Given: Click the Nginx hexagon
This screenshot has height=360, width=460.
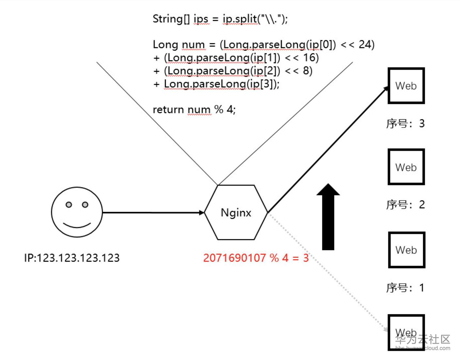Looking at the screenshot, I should (x=236, y=212).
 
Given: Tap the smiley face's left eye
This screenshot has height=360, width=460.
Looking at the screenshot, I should (x=69, y=204).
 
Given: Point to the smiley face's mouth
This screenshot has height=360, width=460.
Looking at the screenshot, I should (x=77, y=225).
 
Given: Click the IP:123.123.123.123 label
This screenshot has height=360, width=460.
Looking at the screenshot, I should (x=72, y=258).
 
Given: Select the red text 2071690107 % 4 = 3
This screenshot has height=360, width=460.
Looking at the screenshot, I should (x=256, y=258).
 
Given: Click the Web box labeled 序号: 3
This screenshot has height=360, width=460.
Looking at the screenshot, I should (x=406, y=86).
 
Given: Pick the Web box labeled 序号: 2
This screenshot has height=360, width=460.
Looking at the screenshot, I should (x=406, y=167).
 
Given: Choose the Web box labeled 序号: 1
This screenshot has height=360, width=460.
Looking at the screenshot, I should (x=406, y=250).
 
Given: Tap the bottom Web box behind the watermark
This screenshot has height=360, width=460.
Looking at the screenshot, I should (x=406, y=332).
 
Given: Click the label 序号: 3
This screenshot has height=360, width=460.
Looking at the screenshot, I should (x=405, y=124).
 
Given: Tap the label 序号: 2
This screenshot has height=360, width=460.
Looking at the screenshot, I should (x=405, y=205).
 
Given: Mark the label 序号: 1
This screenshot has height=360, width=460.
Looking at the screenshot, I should (x=405, y=288).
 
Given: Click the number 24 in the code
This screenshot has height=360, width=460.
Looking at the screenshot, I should (x=366, y=44).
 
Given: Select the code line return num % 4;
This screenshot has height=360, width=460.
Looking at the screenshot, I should (x=194, y=110).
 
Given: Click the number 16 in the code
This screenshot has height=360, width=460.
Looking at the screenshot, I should (x=311, y=58).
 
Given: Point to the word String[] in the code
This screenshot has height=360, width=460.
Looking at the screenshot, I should (x=171, y=19).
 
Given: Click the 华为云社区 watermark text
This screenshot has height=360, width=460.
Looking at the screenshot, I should (x=423, y=339).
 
